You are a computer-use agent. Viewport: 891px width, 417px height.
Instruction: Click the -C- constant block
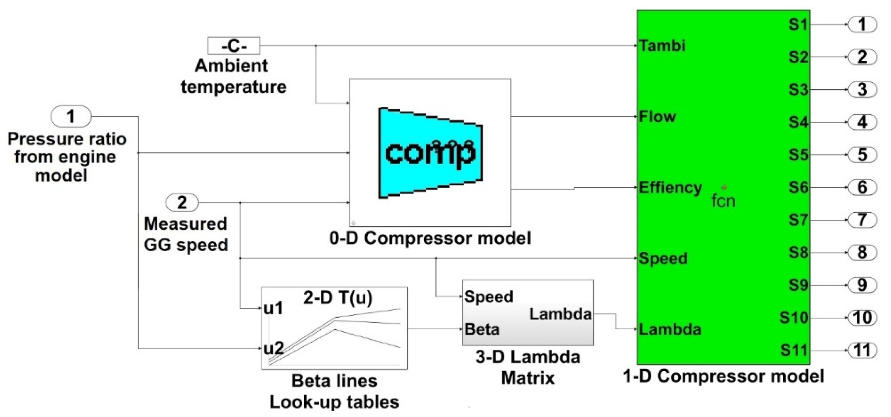tap(233, 46)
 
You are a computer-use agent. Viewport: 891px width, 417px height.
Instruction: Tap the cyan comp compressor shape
tap(430, 153)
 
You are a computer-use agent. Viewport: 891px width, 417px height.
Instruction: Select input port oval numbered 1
tap(71, 116)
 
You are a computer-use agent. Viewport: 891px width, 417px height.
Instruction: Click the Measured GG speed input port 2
tap(182, 202)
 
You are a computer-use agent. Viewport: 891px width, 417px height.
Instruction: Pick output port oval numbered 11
tap(862, 350)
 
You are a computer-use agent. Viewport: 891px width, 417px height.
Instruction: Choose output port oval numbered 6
tap(862, 187)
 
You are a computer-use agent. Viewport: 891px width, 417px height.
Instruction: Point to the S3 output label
tap(798, 90)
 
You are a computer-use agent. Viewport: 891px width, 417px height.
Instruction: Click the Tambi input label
tap(662, 46)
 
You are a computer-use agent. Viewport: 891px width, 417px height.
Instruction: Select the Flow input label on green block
tap(657, 117)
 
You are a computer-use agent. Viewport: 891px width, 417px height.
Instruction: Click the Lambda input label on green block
tap(670, 329)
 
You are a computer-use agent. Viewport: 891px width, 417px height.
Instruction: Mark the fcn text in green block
tap(723, 201)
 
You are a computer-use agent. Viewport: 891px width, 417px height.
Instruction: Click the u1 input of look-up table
tap(273, 308)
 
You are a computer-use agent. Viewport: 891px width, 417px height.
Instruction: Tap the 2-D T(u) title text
tap(338, 297)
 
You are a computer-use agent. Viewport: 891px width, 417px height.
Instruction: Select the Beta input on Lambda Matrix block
tap(482, 329)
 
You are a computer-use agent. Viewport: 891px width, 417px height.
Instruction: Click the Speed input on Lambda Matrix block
tap(488, 297)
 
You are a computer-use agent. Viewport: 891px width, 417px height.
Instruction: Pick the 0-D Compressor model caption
tap(430, 239)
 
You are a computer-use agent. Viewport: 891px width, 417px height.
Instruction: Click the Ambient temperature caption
tap(233, 76)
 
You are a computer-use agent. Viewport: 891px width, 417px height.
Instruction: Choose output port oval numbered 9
tap(862, 285)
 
